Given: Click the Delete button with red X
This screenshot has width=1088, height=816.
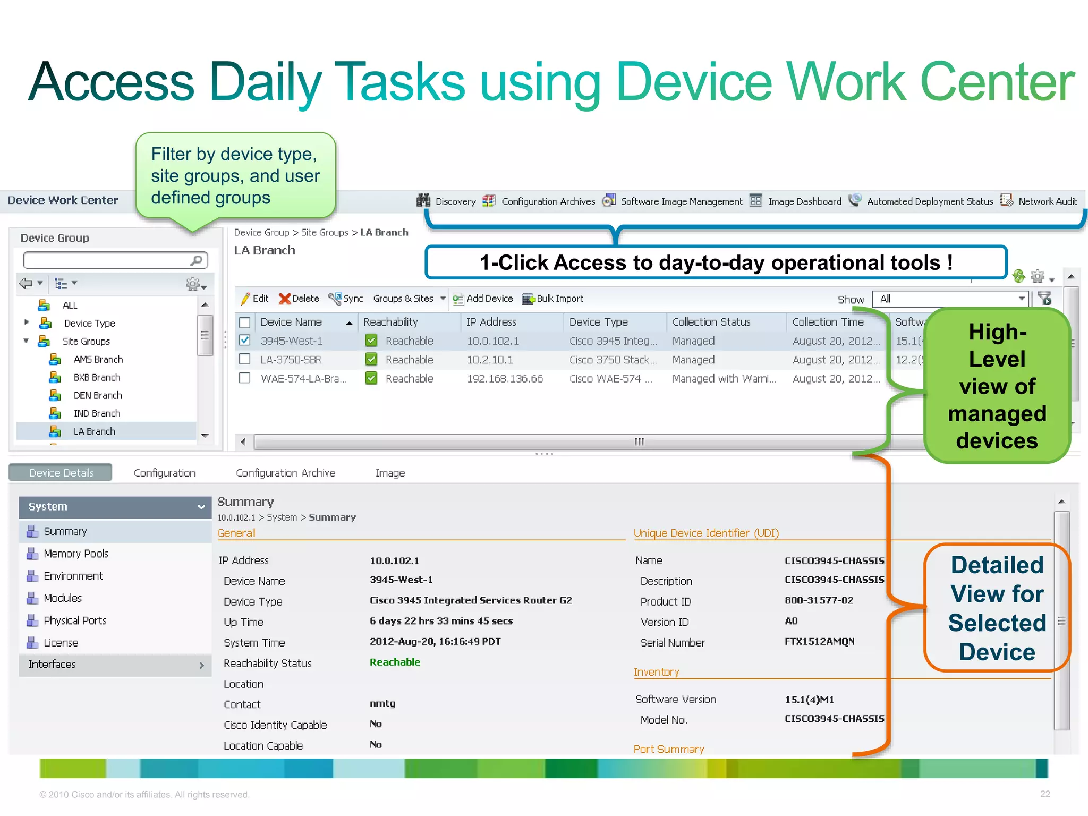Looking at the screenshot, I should (299, 299).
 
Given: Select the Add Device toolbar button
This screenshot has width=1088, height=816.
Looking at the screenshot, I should (483, 299).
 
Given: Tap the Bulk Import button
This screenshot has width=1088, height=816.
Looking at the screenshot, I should (553, 299).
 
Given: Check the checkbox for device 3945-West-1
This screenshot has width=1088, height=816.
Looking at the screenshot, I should (245, 341).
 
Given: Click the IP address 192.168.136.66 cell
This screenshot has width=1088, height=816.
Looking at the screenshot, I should (505, 379).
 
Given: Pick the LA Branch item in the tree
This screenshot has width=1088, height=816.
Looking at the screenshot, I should (94, 431).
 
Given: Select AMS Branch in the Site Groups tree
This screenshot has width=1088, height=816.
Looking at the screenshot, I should (98, 360).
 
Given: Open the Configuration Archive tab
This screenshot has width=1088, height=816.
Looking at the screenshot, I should (285, 473).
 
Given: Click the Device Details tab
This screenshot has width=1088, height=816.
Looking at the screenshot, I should (61, 473).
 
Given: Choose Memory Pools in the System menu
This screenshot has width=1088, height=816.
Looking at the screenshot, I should (75, 554).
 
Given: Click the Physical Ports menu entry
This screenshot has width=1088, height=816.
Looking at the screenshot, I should (75, 620).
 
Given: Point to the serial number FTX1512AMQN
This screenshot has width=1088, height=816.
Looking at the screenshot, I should (819, 642).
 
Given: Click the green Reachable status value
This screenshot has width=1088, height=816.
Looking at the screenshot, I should (395, 662).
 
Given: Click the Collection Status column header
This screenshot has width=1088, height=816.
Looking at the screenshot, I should (711, 322).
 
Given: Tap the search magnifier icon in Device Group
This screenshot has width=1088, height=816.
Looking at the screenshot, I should (197, 260).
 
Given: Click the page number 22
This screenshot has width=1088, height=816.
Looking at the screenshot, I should (1045, 794).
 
